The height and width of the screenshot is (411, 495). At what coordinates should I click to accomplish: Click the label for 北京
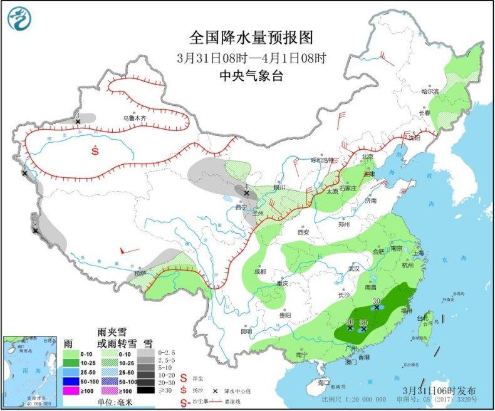pyautogui.click(x=368, y=157)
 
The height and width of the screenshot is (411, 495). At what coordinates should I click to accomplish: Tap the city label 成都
pyautogui.click(x=260, y=271)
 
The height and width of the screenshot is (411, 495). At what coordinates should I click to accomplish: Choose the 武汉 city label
pyautogui.click(x=354, y=268)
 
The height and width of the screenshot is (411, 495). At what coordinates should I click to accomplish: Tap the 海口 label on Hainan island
pyautogui.click(x=323, y=382)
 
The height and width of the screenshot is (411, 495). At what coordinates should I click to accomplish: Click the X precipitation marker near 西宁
pyautogui.click(x=246, y=194)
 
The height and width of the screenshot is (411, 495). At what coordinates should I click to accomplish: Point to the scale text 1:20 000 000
pyautogui.click(x=357, y=399)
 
